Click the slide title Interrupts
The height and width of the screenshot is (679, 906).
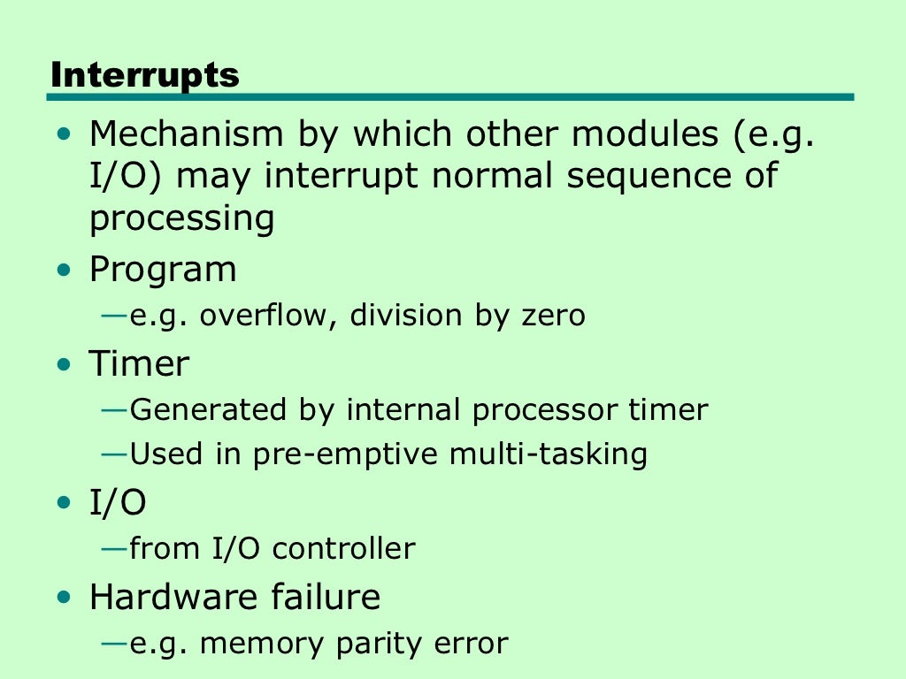click(x=145, y=76)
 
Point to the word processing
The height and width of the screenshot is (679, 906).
click(x=181, y=218)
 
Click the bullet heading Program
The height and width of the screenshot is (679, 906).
click(x=163, y=270)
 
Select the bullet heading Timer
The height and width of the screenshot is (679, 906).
click(x=139, y=363)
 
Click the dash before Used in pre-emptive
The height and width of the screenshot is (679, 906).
click(x=115, y=454)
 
